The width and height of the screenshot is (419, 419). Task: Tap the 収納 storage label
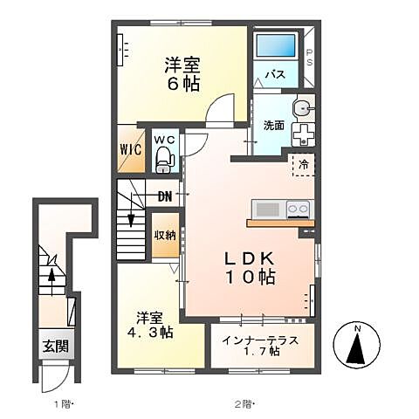point(164,235)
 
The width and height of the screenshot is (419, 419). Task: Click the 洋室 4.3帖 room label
point(153,324)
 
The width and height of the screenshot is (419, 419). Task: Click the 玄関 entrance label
point(52,344)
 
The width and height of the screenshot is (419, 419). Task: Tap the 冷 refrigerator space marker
point(302,163)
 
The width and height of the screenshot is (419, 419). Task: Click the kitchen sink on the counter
point(268,209)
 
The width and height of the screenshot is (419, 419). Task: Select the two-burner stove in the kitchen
point(297,209)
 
